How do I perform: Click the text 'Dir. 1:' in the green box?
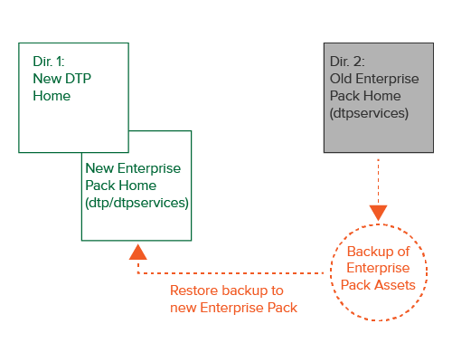49,62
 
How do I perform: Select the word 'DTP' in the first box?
78,79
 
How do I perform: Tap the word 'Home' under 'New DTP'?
52,96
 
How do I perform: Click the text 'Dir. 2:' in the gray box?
347,62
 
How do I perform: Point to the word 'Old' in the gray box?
341,79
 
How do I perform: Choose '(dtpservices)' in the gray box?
369,113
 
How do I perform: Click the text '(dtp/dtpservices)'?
137,203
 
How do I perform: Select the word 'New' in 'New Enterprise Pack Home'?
99,168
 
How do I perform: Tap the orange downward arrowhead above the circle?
378,213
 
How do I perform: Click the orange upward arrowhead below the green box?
138,252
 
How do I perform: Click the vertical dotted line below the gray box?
378,182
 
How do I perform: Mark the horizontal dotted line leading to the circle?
231,273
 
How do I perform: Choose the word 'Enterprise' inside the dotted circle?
378,269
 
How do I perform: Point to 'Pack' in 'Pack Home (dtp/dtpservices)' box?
100,186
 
